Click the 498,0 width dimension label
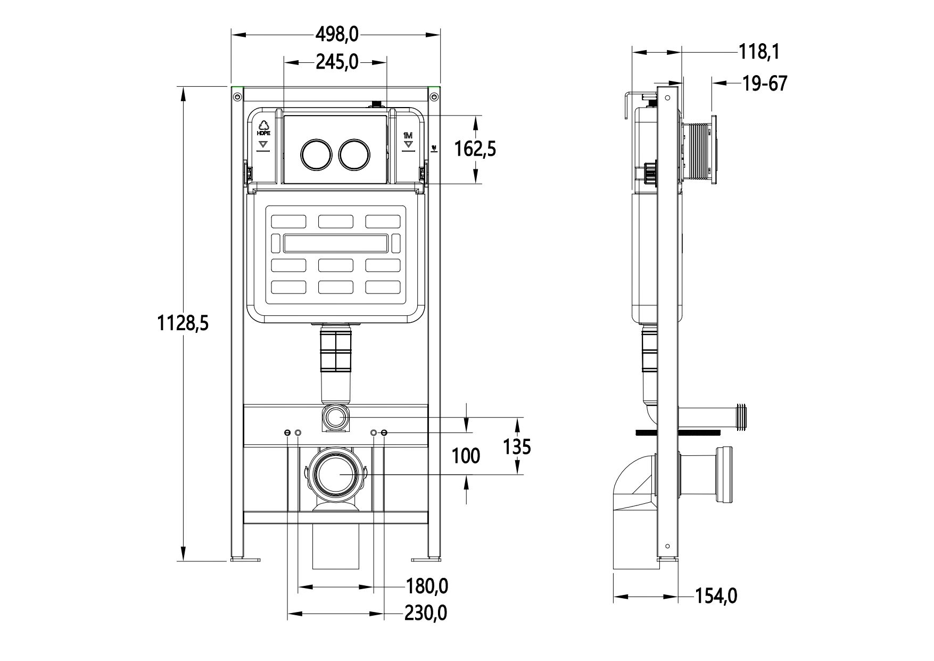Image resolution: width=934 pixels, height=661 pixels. click(x=337, y=35)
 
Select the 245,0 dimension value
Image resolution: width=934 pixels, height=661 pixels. click(x=337, y=62)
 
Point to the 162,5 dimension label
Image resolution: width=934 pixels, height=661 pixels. click(x=475, y=149)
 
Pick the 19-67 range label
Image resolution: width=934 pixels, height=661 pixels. click(x=764, y=84)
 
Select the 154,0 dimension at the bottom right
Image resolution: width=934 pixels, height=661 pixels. click(x=716, y=596)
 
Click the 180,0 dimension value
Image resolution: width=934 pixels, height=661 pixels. click(x=427, y=586)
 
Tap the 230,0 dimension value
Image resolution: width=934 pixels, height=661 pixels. click(x=426, y=613)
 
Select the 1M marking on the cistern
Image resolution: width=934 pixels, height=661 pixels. click(x=408, y=135)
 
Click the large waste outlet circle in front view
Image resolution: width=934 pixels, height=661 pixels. click(x=336, y=474)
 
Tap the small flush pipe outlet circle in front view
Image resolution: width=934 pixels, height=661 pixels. click(x=335, y=417)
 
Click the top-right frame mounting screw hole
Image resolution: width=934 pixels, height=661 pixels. click(x=434, y=96)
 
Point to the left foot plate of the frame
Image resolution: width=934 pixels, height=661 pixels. click(x=246, y=559)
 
